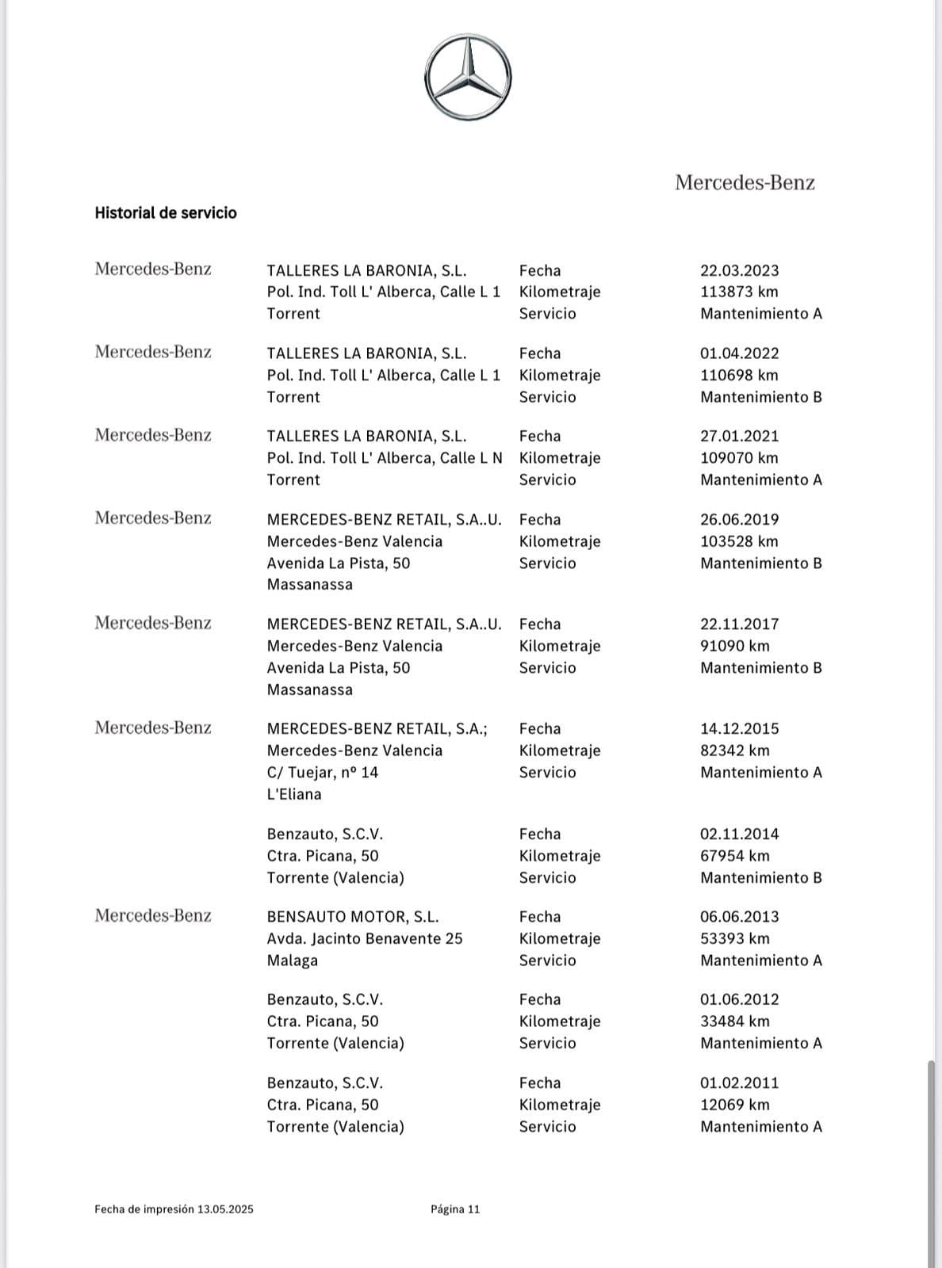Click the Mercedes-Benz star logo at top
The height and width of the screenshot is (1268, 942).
(468, 78)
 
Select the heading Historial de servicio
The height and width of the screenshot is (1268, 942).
(166, 212)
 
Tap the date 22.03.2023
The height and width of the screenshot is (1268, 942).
(739, 270)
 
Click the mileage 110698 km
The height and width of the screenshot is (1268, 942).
(739, 375)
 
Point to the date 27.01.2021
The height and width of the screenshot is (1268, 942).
(739, 436)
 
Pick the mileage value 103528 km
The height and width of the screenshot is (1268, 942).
(739, 541)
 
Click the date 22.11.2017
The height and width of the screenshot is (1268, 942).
(739, 624)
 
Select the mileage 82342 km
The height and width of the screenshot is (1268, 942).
(734, 750)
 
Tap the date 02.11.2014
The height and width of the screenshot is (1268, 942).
(739, 834)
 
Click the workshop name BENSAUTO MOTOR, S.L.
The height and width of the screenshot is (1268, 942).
(352, 916)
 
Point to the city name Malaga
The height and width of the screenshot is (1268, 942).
(292, 960)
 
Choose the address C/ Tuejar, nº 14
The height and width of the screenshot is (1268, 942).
(323, 772)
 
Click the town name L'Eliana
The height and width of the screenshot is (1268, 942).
(294, 793)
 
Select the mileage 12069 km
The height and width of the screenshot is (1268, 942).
(734, 1104)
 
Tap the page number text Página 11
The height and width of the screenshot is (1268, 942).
(455, 1209)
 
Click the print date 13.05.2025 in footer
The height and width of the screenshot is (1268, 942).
(225, 1209)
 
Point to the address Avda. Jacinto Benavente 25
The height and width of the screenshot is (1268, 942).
(365, 938)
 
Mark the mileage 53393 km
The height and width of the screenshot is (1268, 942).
(734, 938)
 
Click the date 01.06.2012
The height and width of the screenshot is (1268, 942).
(739, 999)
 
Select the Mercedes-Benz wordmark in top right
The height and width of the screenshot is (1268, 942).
(745, 183)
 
